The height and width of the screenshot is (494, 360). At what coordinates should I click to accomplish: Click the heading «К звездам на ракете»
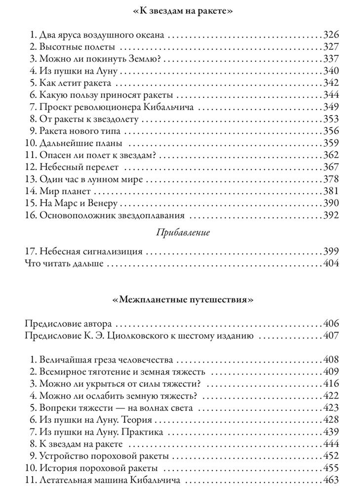click(x=180, y=10)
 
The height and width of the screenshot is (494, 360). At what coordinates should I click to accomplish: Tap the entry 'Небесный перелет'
click(x=78, y=167)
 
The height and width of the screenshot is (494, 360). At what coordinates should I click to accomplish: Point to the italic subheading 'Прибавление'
click(x=180, y=233)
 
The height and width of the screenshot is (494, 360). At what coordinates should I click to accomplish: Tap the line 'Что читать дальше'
click(x=64, y=263)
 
